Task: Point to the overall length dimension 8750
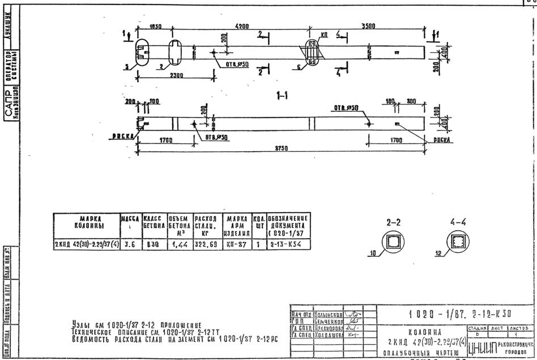(282, 148)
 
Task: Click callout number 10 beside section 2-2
(372, 254)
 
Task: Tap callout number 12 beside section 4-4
(438, 254)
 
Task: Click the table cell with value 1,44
(180, 245)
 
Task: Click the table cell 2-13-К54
(287, 245)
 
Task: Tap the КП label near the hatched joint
(324, 35)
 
